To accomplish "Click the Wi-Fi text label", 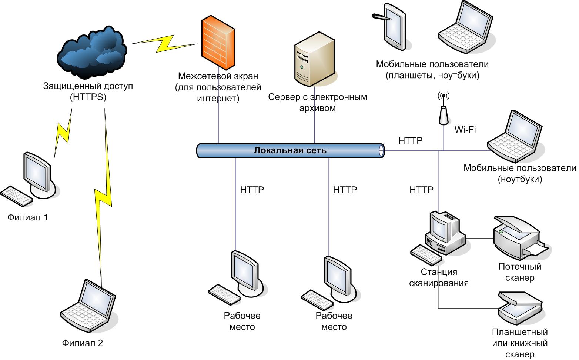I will [x=465, y=130].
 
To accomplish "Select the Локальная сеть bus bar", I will [x=290, y=151].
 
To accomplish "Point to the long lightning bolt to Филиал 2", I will [x=104, y=196].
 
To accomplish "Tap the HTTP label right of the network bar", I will [x=410, y=141].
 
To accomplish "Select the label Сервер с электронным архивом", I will [x=317, y=103].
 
